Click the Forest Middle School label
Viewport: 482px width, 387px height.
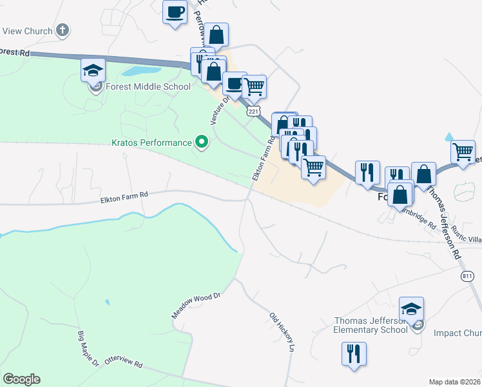(x=149, y=87)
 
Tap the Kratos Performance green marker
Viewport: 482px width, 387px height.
(x=202, y=142)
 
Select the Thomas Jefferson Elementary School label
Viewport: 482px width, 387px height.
(x=371, y=325)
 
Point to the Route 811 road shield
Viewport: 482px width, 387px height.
(x=468, y=276)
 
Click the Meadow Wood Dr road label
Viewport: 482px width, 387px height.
(x=196, y=305)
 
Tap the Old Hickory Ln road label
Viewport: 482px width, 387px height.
(x=282, y=332)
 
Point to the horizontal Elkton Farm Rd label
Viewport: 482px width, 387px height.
(x=124, y=194)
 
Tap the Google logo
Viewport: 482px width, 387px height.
(x=22, y=379)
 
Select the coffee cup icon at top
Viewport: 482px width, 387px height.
(x=175, y=12)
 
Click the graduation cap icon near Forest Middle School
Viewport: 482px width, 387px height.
(x=93, y=69)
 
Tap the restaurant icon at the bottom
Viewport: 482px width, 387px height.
(x=354, y=353)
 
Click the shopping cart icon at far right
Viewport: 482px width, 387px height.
(x=463, y=152)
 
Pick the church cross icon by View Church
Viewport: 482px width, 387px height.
(x=63, y=30)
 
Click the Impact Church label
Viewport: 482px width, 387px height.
(x=458, y=333)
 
